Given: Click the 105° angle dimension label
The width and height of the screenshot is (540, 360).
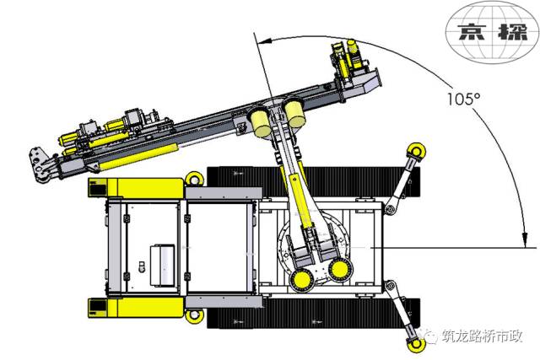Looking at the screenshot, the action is pos(463,99).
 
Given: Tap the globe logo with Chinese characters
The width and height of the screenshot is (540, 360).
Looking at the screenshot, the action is pos(492,32).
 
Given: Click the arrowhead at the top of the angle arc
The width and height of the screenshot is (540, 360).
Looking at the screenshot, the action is pos(264,41).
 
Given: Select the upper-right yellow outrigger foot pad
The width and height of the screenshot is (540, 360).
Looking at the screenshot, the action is pos(416,151).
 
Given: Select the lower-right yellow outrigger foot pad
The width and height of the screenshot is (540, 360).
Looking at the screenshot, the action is pos(416,344).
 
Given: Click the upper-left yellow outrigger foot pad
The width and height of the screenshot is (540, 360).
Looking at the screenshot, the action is pos(194,180).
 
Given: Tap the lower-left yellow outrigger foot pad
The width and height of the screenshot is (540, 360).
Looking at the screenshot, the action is pos(194,314).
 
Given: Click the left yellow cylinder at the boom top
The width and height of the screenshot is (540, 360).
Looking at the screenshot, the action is pos(261,122).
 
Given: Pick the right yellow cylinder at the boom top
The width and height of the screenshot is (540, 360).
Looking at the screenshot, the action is pos(294,112).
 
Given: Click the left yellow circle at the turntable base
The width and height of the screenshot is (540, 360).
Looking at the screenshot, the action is pos(302,279).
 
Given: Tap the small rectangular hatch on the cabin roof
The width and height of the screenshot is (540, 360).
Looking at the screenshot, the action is pos(162,265).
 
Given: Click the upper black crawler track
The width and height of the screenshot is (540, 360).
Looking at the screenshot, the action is pos(313,183).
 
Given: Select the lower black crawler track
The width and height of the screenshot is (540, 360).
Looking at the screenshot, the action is pos(313,313).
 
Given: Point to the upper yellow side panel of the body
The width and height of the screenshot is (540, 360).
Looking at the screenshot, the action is pos(136,188).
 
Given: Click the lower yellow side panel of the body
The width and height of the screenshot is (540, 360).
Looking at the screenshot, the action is pos(135,308).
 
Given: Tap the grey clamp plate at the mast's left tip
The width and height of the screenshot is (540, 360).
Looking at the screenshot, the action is pos(39,164).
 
